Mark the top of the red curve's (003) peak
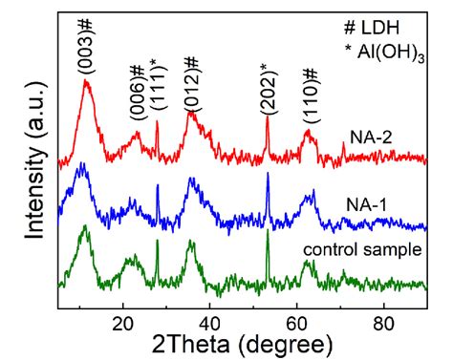point(88,82)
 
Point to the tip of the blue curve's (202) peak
point(268,175)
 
